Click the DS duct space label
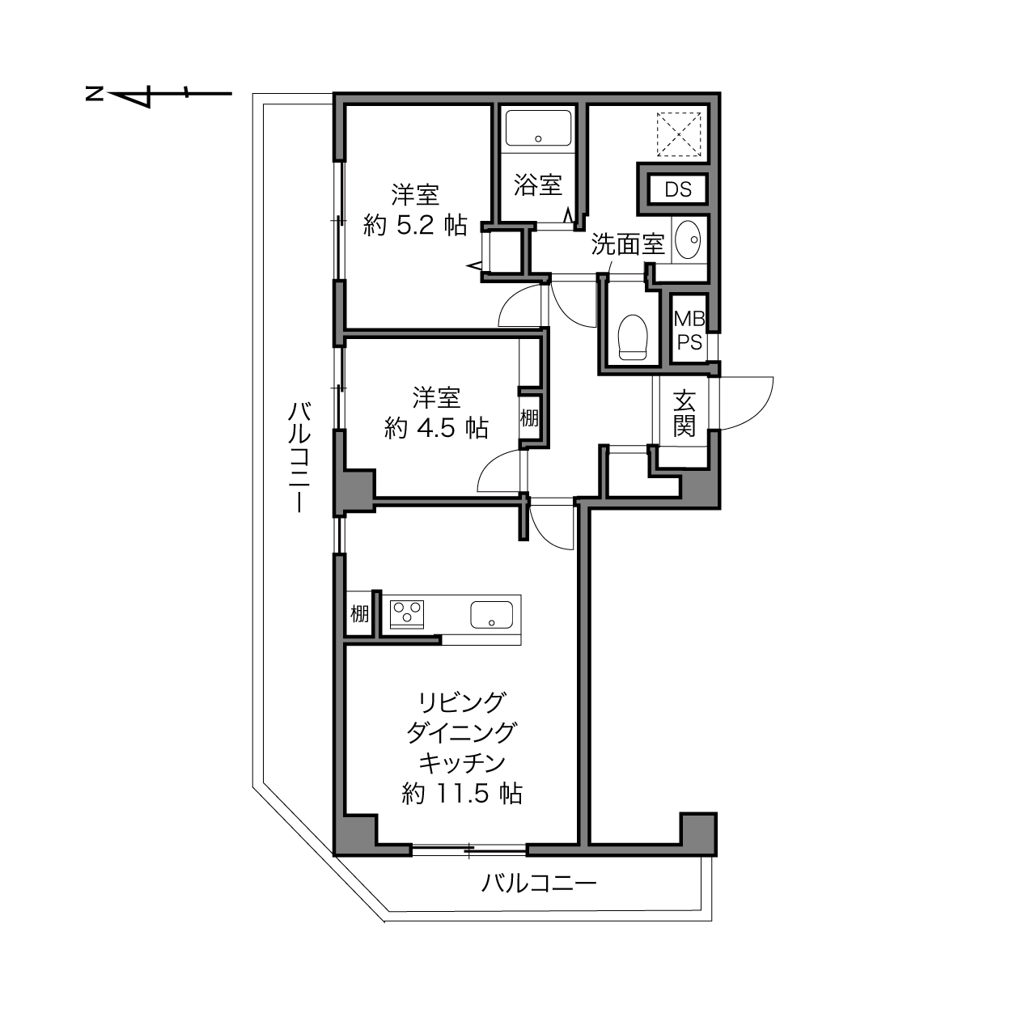coord(677,189)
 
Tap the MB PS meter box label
coord(689,330)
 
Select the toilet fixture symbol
coord(633,337)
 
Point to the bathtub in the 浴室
coord(538,128)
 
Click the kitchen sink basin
coord(491,615)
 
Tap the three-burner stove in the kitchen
coord(407,613)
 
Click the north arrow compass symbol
coord(159,95)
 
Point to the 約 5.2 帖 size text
coord(415,226)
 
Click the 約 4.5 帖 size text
coord(436,428)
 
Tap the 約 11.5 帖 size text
coord(462,794)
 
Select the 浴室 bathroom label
coord(538,185)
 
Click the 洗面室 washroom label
coord(628,244)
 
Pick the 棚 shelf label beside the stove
coord(359,613)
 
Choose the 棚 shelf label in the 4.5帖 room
coord(529,418)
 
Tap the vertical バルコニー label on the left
coord(299,457)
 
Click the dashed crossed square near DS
coord(679,134)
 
